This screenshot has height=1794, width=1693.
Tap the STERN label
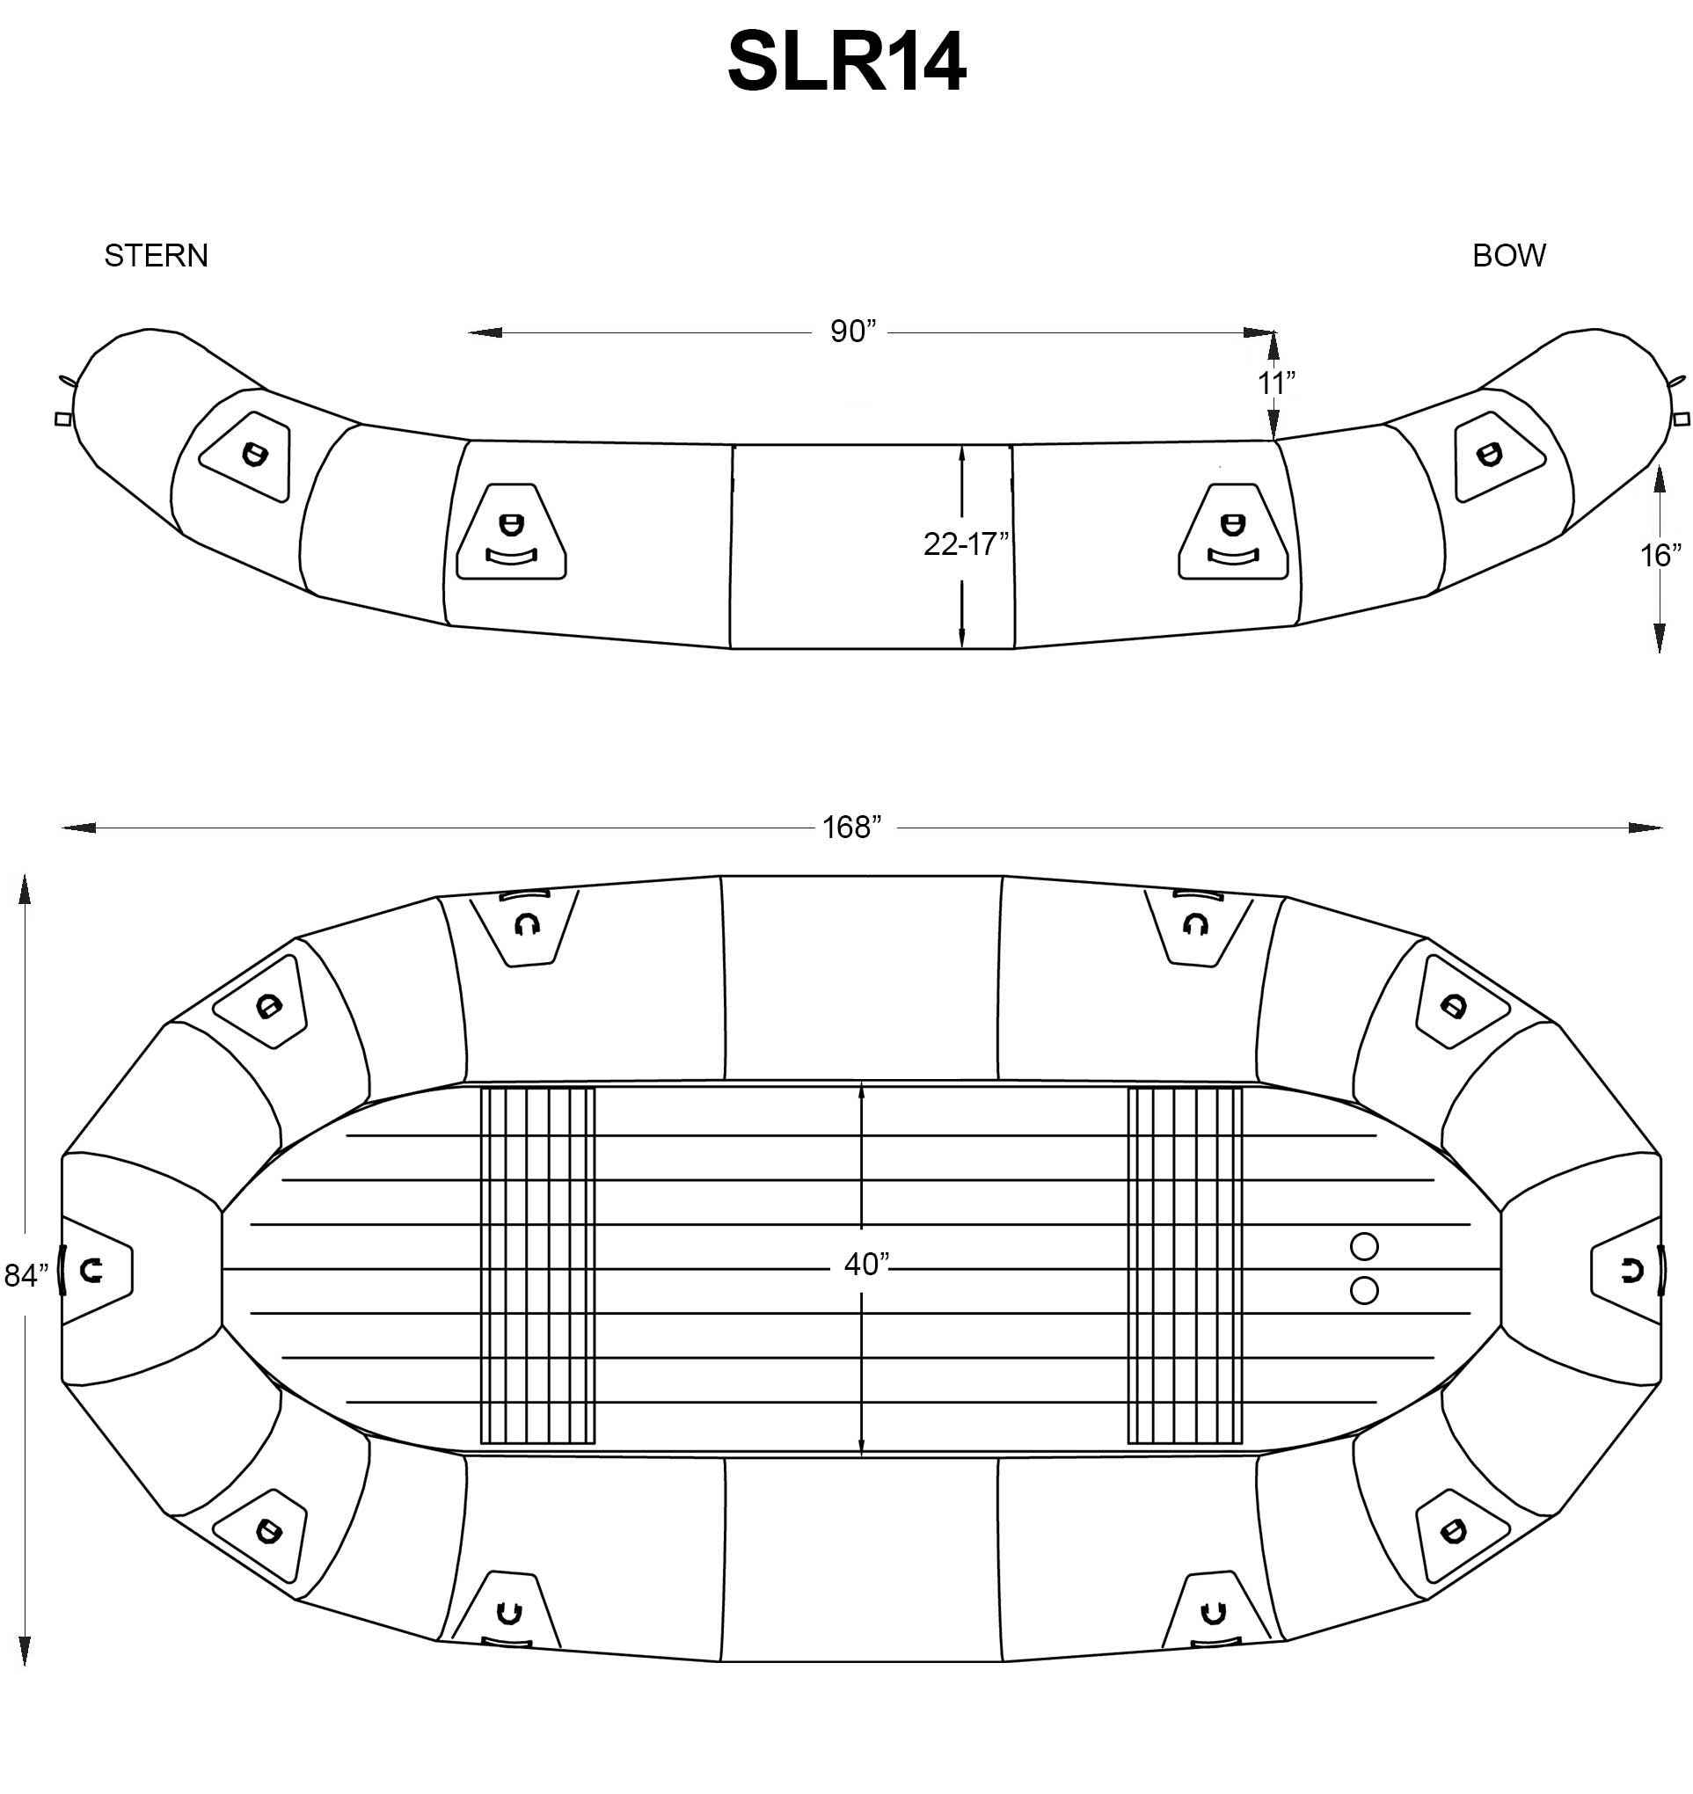click(157, 256)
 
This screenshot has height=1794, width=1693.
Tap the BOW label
click(1509, 256)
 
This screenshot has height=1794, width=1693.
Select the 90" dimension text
click(853, 332)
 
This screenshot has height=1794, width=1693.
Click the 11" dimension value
click(1276, 383)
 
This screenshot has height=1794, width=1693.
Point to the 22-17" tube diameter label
click(965, 544)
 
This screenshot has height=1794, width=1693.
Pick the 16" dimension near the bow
click(1660, 556)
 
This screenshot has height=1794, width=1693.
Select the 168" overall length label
click(851, 828)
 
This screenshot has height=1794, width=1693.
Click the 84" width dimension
click(26, 1276)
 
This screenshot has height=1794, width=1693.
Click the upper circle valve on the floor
click(1363, 1247)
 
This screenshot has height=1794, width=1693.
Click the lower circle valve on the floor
click(1363, 1291)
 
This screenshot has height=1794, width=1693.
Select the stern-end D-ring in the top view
click(91, 1272)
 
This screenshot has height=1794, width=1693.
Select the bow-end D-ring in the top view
click(1631, 1272)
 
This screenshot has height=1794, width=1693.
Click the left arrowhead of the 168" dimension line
click(77, 828)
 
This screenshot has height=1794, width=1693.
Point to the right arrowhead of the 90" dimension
click(1260, 333)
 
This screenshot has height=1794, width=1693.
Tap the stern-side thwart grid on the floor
click(538, 1265)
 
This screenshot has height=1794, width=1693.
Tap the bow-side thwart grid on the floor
click(1185, 1265)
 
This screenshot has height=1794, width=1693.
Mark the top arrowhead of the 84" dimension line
click(26, 888)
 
